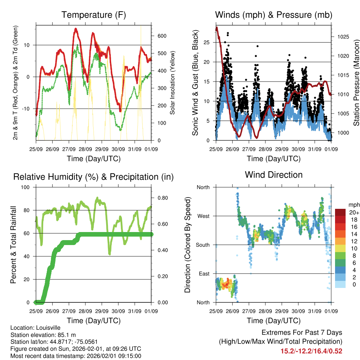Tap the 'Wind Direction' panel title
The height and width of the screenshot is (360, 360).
(274, 174)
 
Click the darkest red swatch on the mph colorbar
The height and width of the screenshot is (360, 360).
(341, 212)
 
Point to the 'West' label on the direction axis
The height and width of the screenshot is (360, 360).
(203, 216)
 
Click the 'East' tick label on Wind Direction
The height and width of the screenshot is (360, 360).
(204, 274)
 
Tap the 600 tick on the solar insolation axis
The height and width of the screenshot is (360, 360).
(162, 36)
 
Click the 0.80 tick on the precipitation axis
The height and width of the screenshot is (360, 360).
(161, 198)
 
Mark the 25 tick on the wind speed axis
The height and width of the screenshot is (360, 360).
(207, 42)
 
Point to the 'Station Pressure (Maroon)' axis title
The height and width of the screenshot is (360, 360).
(356, 83)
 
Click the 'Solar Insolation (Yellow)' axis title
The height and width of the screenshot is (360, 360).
(173, 83)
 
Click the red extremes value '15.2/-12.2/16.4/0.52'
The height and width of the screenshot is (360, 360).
(311, 351)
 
